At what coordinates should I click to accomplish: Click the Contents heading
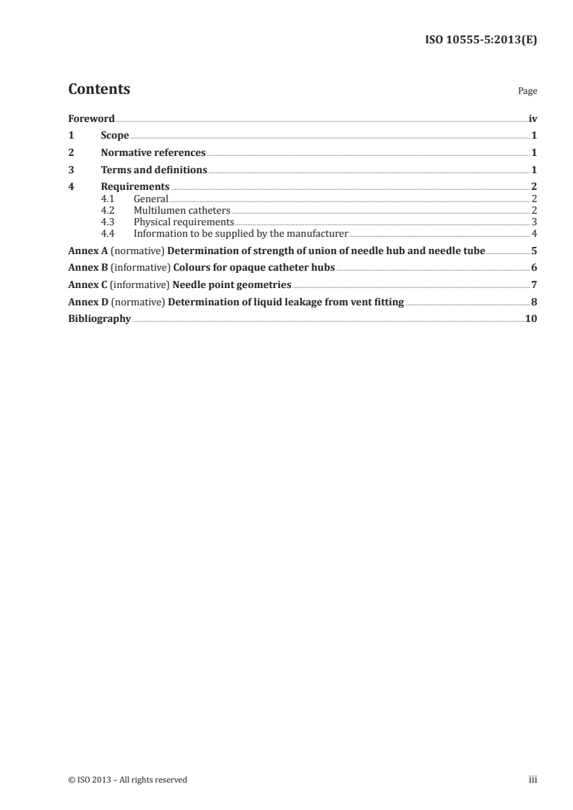[99, 90]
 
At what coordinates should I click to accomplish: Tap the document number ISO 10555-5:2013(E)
[480, 40]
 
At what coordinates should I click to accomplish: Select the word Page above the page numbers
[527, 92]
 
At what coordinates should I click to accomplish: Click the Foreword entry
[91, 118]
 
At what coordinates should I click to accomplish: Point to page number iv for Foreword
[533, 118]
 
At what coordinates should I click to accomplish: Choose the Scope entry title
[115, 136]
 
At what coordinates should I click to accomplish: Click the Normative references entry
[153, 153]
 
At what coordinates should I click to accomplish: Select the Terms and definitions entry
[154, 170]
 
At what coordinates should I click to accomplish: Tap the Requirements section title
[135, 187]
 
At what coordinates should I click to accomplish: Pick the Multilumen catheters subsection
[182, 210]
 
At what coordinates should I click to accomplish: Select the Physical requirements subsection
[184, 222]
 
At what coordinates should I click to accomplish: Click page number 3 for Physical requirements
[534, 222]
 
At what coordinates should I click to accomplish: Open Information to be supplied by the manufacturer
[241, 233]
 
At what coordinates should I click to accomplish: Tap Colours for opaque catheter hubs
[254, 268]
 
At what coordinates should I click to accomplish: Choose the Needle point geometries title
[232, 285]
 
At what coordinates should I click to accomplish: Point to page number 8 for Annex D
[534, 302]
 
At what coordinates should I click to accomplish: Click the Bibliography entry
[99, 318]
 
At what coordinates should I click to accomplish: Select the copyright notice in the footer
[127, 780]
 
